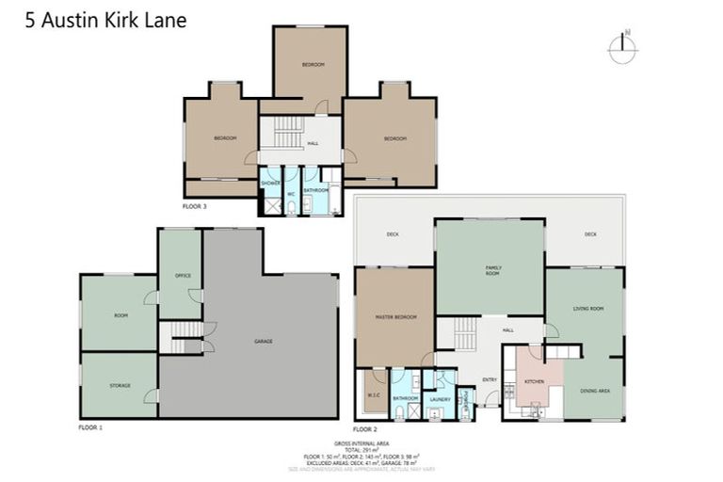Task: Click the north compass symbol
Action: (622, 48)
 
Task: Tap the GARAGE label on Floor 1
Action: (263, 341)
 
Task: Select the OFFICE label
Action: (183, 276)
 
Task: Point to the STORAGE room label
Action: (120, 385)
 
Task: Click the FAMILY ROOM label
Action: (492, 270)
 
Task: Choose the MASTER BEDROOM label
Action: (395, 316)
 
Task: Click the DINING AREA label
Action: (594, 391)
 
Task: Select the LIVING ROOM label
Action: (588, 308)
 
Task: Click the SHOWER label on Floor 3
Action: (271, 182)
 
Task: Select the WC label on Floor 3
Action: (292, 195)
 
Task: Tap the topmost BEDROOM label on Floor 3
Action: (313, 64)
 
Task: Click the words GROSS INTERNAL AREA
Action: (361, 442)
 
